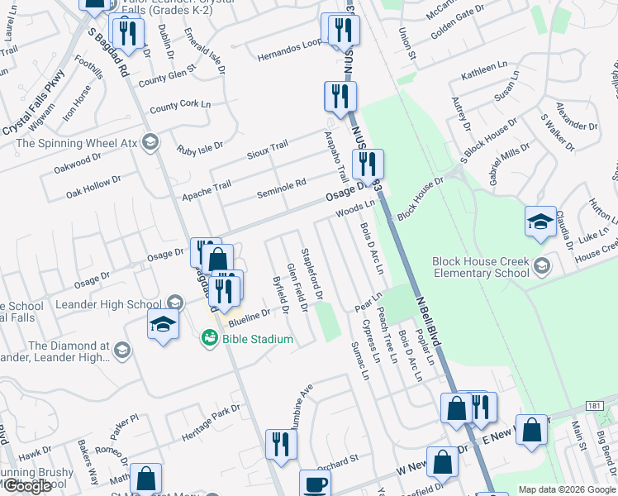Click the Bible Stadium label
pyautogui.click(x=256, y=339)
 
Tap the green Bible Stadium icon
pyautogui.click(x=208, y=338)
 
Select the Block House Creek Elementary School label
pyautogui.click(x=480, y=267)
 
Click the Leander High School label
pyautogui.click(x=109, y=303)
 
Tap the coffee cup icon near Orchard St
pyautogui.click(x=314, y=484)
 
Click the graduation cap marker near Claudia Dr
pyautogui.click(x=540, y=222)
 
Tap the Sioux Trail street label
pyautogui.click(x=267, y=150)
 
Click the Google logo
pyautogui.click(x=26, y=486)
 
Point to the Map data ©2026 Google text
pyautogui.click(x=567, y=489)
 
